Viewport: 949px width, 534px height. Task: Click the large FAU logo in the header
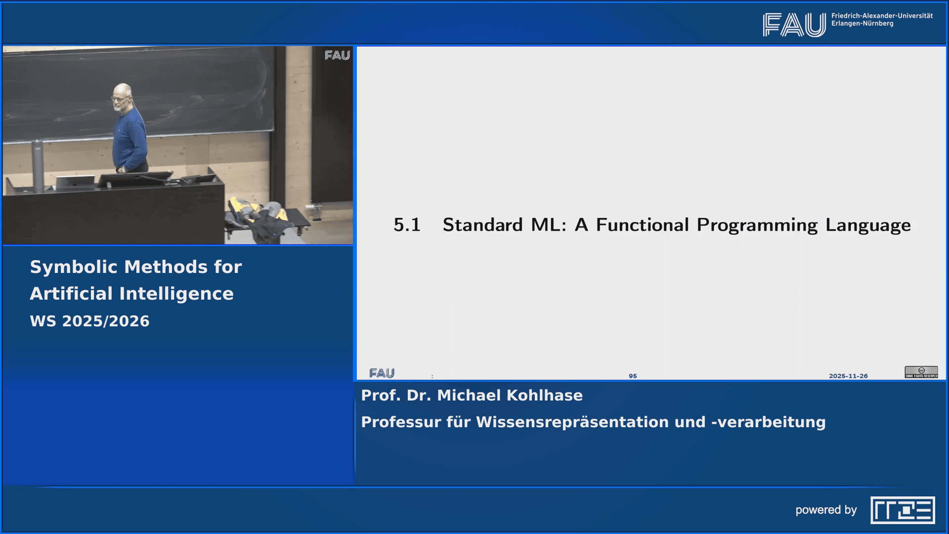pos(794,25)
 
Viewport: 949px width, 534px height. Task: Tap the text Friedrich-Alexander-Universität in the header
pos(882,16)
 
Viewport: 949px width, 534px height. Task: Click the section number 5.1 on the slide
pos(407,225)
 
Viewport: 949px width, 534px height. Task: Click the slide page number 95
pos(633,376)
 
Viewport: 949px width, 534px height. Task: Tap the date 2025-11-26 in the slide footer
pos(848,376)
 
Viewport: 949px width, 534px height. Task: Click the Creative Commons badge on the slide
pos(921,372)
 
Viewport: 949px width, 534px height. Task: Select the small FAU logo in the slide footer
pos(382,373)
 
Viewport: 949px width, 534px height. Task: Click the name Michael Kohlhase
pos(510,396)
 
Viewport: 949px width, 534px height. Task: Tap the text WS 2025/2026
pos(89,321)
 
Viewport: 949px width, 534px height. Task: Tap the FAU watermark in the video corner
pos(337,55)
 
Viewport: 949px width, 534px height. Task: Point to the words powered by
pos(826,510)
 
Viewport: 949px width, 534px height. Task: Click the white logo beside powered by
pos(903,510)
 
